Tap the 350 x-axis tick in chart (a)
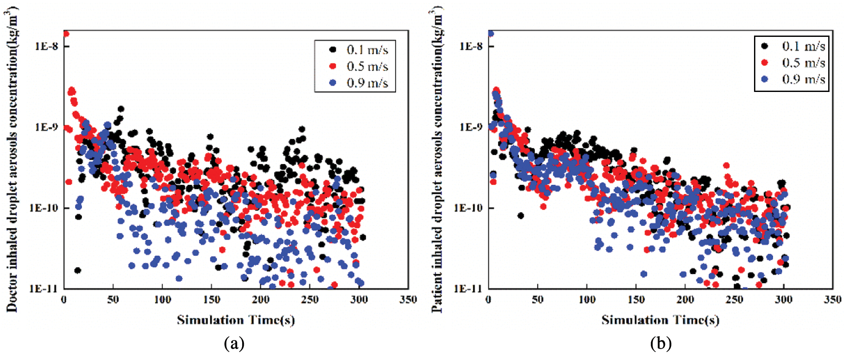tap(408, 300)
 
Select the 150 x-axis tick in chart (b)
tap(636, 300)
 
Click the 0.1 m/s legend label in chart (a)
tap(367, 50)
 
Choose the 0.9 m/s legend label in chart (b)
tap(803, 79)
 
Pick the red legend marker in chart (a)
tap(333, 66)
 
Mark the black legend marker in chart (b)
tap(764, 46)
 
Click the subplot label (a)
tap(234, 344)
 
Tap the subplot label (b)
tap(660, 344)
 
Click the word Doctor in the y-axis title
tap(12, 291)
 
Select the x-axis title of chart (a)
tap(236, 320)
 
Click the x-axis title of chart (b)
tap(660, 320)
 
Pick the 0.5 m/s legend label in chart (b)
tap(803, 63)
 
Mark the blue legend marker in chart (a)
tap(333, 83)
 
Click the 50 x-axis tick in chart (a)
tap(113, 300)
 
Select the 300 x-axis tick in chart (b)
tap(784, 300)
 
